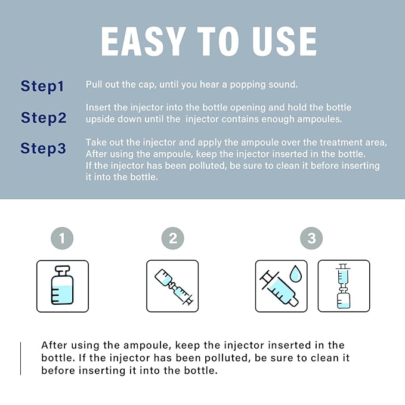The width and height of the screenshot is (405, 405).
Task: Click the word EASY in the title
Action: coord(143,41)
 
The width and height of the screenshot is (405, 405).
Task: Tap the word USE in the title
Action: coord(285,41)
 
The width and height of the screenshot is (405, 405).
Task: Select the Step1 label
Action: coord(42,86)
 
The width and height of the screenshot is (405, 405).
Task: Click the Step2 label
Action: coord(44,118)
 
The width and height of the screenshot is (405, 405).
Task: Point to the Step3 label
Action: coord(43,149)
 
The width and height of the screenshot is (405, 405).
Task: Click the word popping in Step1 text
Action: coord(248,85)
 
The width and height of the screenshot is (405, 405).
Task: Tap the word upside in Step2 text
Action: coord(100,119)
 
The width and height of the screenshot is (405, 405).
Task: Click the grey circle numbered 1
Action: coord(62,238)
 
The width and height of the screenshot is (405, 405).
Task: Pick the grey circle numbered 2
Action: coord(173,238)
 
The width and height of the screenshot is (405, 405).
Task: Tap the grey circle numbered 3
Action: coord(311,238)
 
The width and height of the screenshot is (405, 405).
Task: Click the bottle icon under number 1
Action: coord(62,286)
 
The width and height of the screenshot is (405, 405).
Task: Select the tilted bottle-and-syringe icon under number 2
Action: coord(174,287)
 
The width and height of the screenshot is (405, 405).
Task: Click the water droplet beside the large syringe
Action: coord(295,274)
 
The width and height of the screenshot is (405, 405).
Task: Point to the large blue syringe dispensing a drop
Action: coord(279,289)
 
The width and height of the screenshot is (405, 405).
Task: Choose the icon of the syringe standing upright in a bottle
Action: coord(344,286)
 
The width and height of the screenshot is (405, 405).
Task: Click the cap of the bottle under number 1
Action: coord(62,271)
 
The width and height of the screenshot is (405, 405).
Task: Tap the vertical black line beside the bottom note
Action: coord(20,358)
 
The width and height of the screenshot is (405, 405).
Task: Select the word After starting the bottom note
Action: coord(54,345)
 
